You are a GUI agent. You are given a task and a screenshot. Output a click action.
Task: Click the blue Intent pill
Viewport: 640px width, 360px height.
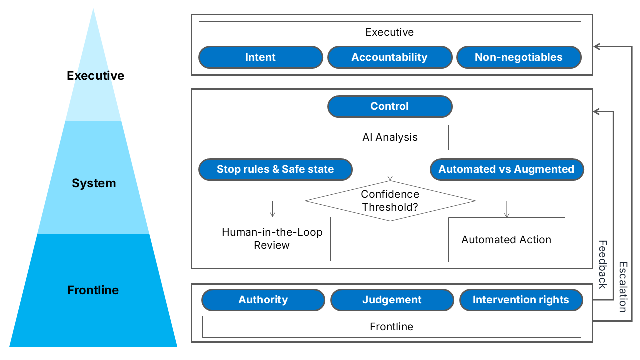pyautogui.click(x=260, y=57)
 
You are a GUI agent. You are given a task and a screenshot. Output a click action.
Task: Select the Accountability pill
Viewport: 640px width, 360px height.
pyautogui.click(x=389, y=57)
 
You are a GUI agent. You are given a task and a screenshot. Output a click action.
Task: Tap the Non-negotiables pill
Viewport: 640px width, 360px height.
pyautogui.click(x=518, y=57)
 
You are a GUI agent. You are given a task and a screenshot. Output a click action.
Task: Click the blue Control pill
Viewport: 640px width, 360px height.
pyautogui.click(x=389, y=106)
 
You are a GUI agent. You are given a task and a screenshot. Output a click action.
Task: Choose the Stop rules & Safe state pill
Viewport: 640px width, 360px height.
pyautogui.click(x=275, y=169)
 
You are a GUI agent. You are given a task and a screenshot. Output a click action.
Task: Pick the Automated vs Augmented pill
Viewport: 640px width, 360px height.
pyautogui.click(x=506, y=169)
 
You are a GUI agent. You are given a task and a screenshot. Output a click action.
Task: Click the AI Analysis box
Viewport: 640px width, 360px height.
pyautogui.click(x=390, y=137)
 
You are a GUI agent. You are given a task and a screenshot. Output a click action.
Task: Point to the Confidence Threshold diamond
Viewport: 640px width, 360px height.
pyautogui.click(x=390, y=201)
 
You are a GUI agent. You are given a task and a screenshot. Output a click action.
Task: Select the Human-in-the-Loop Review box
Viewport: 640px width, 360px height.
pyautogui.click(x=272, y=239)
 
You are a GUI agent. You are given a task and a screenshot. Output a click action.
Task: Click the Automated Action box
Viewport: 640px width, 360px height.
pyautogui.click(x=506, y=239)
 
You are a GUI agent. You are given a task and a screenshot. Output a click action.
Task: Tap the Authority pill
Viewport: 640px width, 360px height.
pyautogui.click(x=263, y=300)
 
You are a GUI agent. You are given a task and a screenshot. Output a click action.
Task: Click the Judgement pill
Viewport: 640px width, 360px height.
pyautogui.click(x=392, y=300)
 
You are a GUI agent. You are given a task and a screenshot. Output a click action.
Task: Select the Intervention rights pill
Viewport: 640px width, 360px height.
pyautogui.click(x=521, y=300)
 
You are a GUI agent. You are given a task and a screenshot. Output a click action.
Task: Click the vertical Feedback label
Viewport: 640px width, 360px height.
pyautogui.click(x=602, y=264)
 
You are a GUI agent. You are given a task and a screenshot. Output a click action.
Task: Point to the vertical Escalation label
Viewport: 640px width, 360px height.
pyautogui.click(x=623, y=287)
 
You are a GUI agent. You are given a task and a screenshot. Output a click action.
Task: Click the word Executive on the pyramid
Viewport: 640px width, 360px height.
pyautogui.click(x=95, y=76)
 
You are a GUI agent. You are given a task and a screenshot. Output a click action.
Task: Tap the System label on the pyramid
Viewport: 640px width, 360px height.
pyautogui.click(x=94, y=183)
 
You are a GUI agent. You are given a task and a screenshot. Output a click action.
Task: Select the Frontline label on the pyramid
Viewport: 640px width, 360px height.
pyautogui.click(x=93, y=290)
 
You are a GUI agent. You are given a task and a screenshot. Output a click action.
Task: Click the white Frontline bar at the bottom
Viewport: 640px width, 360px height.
pyautogui.click(x=391, y=327)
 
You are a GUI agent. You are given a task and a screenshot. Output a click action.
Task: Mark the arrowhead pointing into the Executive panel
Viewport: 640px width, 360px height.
pyautogui.click(x=597, y=47)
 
